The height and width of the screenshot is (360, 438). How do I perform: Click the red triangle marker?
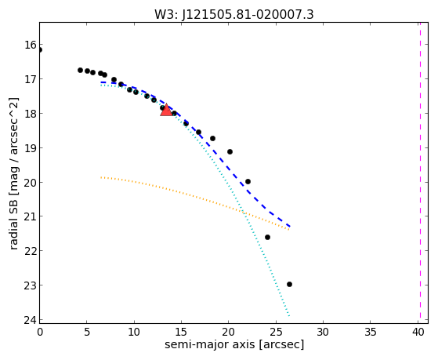pyautogui.click(x=166, y=110)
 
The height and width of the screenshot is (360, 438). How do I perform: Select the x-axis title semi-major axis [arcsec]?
pyautogui.click(x=234, y=344)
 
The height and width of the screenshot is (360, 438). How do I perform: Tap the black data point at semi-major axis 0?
pyautogui.click(x=40, y=49)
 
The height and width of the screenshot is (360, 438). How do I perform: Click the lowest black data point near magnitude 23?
pyautogui.click(x=289, y=284)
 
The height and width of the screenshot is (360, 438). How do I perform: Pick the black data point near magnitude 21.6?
pyautogui.click(x=267, y=237)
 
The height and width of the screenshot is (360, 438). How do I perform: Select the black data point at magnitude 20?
pyautogui.click(x=248, y=181)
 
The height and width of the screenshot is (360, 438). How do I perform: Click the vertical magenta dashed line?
pyautogui.click(x=420, y=173)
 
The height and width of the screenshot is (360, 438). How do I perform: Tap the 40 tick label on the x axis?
pyautogui.click(x=418, y=332)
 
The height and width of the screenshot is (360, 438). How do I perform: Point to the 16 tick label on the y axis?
pyautogui.click(x=30, y=45)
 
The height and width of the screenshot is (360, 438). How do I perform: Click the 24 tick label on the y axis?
pyautogui.click(x=30, y=320)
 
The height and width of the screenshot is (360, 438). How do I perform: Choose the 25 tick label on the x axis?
pyautogui.click(x=276, y=332)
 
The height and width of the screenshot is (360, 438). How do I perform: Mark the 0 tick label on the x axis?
pyautogui.click(x=40, y=332)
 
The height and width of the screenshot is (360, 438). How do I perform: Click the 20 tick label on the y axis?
pyautogui.click(x=30, y=182)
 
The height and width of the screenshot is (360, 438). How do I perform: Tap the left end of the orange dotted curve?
pyautogui.click(x=101, y=177)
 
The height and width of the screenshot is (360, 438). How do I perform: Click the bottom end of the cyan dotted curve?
pyautogui.click(x=289, y=316)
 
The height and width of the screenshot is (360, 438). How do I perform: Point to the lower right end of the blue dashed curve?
pyautogui.click(x=290, y=227)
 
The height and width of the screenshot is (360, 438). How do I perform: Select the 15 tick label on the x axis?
pyautogui.click(x=182, y=332)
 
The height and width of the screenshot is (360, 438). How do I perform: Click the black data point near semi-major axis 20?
pyautogui.click(x=230, y=151)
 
